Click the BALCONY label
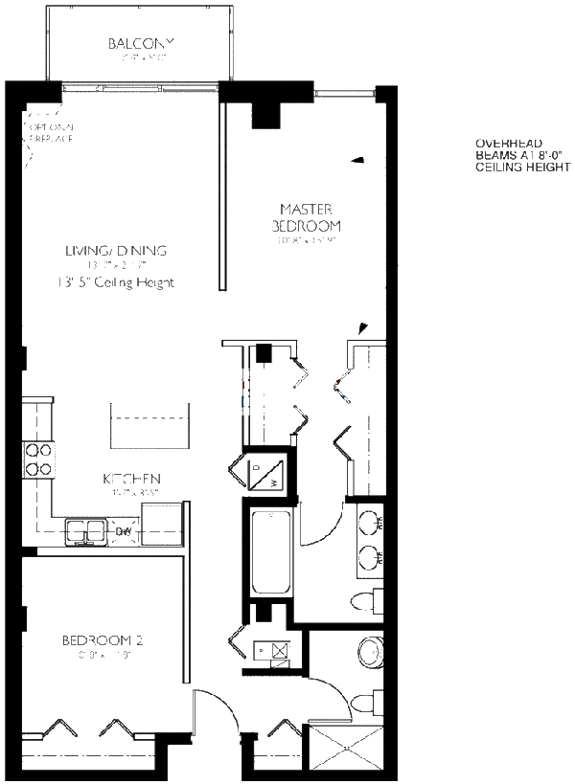point(140,44)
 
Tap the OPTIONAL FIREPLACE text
point(52,133)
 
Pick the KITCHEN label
point(131,479)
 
